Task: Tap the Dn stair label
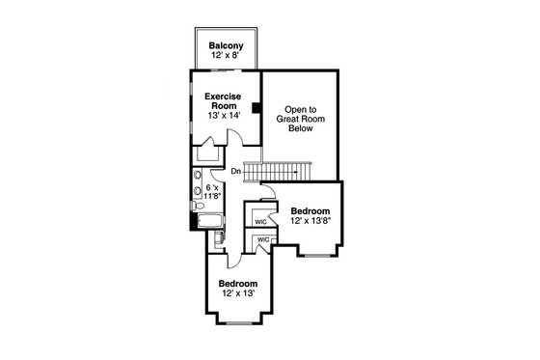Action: coord(235,172)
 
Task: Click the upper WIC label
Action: coord(260,221)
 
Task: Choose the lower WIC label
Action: coord(262,239)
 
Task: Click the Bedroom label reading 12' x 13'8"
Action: coord(310,216)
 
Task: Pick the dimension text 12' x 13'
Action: coord(237,293)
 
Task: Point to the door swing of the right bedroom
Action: coord(269,196)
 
